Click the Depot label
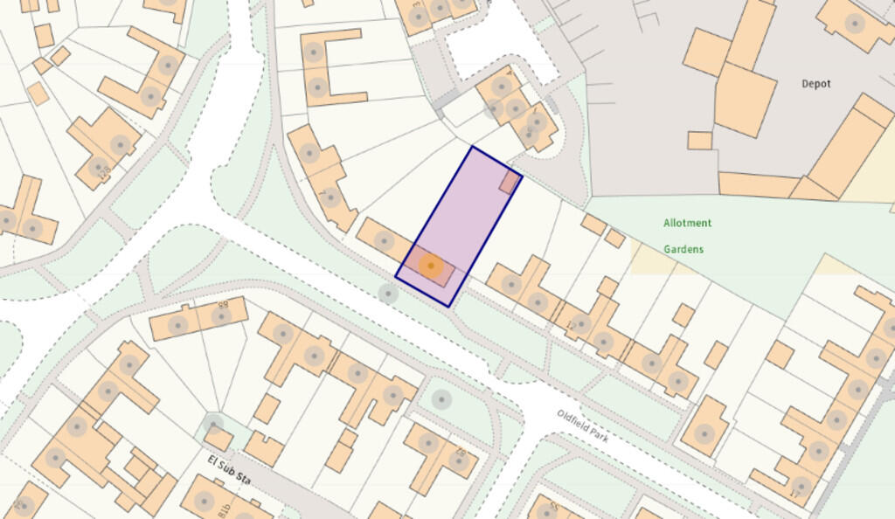click(815, 84)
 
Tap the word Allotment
click(687, 223)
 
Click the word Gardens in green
click(683, 249)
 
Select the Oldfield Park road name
click(583, 426)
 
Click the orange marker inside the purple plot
click(430, 265)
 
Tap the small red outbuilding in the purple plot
click(509, 182)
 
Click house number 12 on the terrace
click(572, 326)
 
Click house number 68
click(222, 306)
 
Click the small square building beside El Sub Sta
click(219, 439)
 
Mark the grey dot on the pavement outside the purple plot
click(388, 294)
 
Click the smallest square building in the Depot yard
click(699, 140)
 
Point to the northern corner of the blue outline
click(472, 147)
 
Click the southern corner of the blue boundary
click(449, 306)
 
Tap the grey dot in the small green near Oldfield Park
click(442, 400)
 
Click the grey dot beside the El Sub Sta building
click(212, 425)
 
